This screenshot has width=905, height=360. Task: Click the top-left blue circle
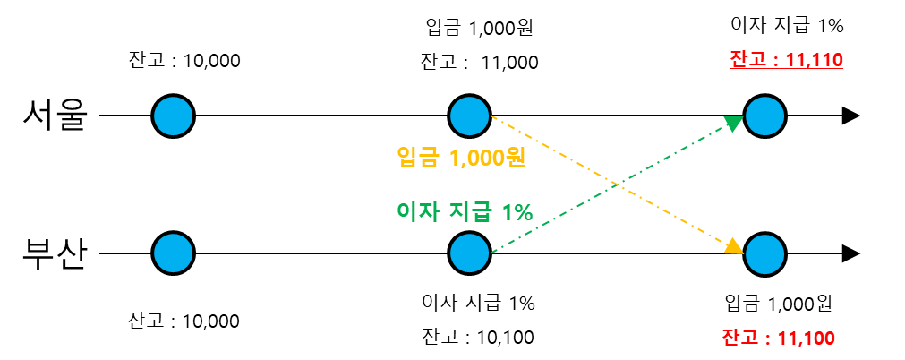[x=173, y=116]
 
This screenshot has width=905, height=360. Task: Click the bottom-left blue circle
[x=173, y=253]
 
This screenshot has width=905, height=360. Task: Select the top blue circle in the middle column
[x=469, y=116]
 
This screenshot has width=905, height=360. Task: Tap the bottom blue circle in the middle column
[x=469, y=253]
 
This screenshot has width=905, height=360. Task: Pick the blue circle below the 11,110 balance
[x=764, y=116]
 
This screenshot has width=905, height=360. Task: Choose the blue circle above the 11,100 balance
[x=764, y=254]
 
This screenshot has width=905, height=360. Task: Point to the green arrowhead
[x=735, y=123]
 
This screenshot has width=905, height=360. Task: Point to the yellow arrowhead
[x=734, y=246]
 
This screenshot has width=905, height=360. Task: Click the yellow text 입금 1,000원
[x=461, y=158]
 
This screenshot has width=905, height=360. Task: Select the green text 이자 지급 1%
[x=465, y=212]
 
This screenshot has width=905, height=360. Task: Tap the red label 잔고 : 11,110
[x=786, y=60]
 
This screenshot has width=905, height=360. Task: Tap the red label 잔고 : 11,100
[x=778, y=339]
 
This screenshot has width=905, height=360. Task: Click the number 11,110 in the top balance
[x=814, y=60]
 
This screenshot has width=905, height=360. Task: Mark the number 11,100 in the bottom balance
[x=807, y=339]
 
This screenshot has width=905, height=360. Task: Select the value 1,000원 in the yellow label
[x=487, y=158]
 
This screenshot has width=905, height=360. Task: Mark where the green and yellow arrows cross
[x=617, y=184]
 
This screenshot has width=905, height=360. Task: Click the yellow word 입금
[x=418, y=158]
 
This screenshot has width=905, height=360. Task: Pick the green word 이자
[x=416, y=212]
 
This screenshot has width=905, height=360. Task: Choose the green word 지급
[x=470, y=212]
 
